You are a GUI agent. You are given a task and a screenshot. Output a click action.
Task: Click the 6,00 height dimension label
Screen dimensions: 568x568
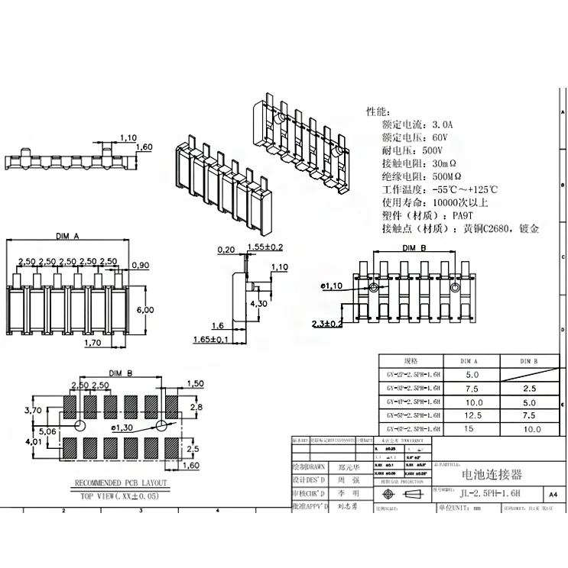[146, 309]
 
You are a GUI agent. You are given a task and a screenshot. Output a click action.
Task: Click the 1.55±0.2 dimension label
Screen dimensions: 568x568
[265, 247]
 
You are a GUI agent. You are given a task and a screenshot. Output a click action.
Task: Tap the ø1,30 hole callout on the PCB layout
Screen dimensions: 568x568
[122, 428]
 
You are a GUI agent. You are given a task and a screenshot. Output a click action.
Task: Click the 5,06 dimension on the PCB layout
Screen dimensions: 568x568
[47, 431]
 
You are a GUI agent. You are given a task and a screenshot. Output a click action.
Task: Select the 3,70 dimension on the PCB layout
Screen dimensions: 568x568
[33, 410]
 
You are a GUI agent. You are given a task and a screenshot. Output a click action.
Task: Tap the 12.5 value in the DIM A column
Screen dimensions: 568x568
[472, 415]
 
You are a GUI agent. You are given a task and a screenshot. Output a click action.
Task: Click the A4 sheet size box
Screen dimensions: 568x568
[553, 495]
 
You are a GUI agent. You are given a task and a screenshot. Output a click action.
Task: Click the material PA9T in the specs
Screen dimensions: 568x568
[463, 215]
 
